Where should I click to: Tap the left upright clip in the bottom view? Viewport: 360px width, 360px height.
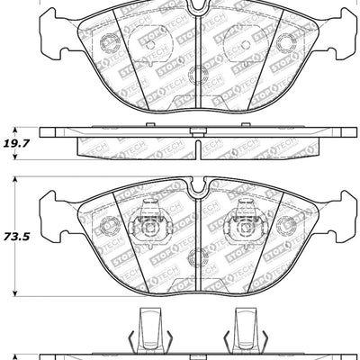[x=147, y=330]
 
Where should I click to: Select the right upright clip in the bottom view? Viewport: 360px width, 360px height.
[x=245, y=330]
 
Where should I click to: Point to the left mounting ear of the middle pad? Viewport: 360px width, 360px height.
[x=50, y=219]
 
